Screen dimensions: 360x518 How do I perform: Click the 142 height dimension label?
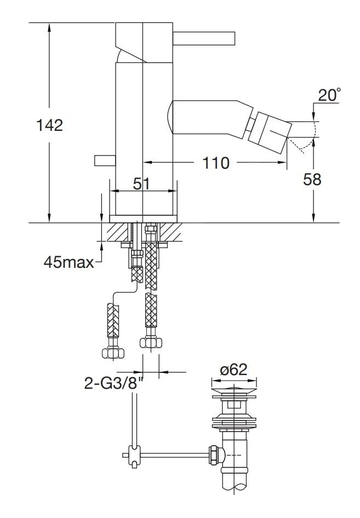49,125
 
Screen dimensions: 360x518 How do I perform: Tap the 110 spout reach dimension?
215,163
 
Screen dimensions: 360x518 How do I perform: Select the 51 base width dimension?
141,183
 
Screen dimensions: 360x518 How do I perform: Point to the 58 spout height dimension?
312,180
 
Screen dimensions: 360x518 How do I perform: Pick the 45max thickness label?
68,262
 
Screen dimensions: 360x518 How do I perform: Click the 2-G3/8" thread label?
115,383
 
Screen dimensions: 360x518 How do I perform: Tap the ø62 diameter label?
234,370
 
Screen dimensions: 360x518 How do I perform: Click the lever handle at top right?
204,38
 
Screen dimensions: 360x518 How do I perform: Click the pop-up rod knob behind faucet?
105,160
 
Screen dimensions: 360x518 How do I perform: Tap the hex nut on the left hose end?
113,353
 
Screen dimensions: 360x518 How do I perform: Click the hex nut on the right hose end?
151,342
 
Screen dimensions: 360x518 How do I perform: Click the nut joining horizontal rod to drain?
213,455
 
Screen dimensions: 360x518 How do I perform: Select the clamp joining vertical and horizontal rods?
135,456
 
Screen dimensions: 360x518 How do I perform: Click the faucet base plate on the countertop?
143,219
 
